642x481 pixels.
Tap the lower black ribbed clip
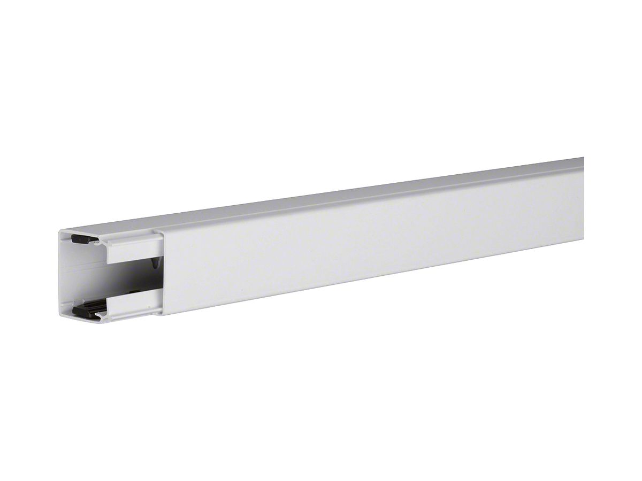click(x=86, y=309)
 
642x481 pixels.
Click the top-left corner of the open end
click(x=60, y=231)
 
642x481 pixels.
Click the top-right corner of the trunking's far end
click(x=584, y=158)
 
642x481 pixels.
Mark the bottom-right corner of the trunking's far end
click(x=584, y=238)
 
